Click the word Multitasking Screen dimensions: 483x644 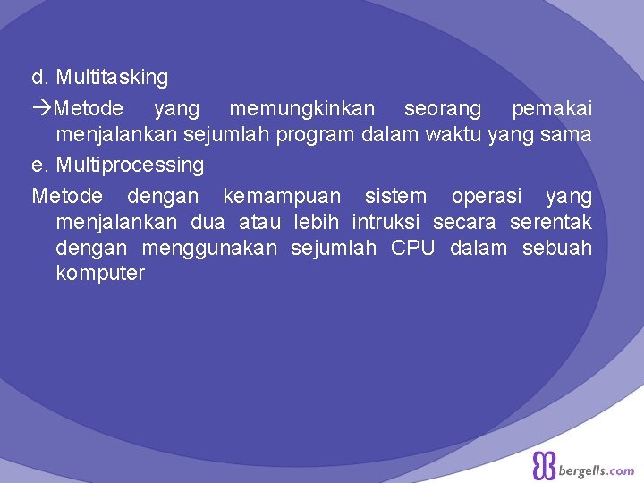coord(112,78)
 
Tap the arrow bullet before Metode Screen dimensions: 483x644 coord(42,109)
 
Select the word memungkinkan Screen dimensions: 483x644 coord(302,109)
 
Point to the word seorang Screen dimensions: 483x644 coord(442,109)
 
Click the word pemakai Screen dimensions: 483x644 coord(551,109)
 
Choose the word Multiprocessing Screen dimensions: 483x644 coord(130,165)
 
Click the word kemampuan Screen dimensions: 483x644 coord(282,196)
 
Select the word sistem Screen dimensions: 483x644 coord(395,196)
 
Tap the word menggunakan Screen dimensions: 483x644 coord(209,248)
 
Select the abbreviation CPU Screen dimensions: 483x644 coord(411,248)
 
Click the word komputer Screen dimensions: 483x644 coord(99,274)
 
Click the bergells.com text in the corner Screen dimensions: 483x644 coord(597,470)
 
